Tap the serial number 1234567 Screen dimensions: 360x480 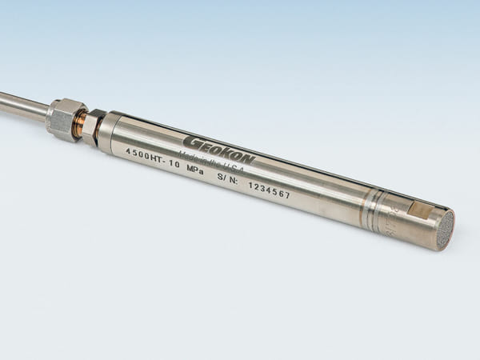pos(269,189)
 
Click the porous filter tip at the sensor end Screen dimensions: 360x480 pos(445,230)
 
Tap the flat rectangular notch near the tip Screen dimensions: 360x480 pos(421,210)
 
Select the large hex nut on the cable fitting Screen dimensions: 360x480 pos(66,118)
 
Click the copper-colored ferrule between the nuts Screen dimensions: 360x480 pos(81,125)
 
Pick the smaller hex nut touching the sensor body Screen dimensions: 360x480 pos(92,127)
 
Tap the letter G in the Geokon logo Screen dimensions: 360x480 pos(190,141)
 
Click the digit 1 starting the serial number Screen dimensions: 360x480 pos(251,183)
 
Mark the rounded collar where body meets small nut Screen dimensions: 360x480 pos(106,132)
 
